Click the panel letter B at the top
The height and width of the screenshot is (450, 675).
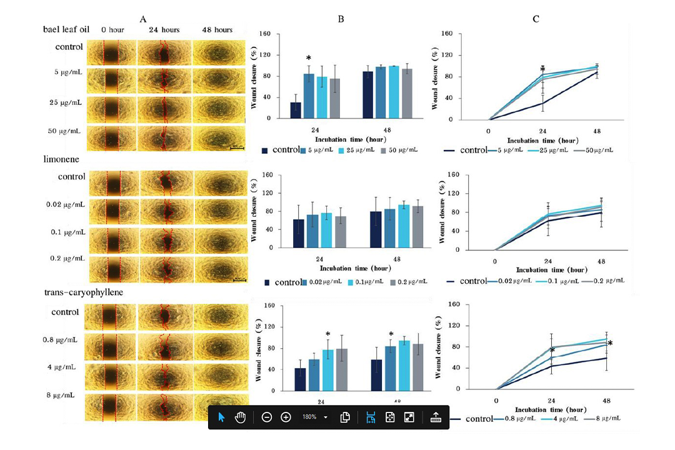[341, 19]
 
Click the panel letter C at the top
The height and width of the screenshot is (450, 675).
[536, 19]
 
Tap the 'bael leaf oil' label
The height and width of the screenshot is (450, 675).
[66, 29]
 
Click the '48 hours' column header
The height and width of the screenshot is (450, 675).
[217, 29]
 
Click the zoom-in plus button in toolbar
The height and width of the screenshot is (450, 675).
[286, 417]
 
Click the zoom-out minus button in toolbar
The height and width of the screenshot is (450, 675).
[267, 417]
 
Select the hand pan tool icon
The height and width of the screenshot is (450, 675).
[241, 417]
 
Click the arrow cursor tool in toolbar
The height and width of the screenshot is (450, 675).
[221, 417]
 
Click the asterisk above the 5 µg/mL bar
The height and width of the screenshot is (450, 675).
[309, 59]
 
